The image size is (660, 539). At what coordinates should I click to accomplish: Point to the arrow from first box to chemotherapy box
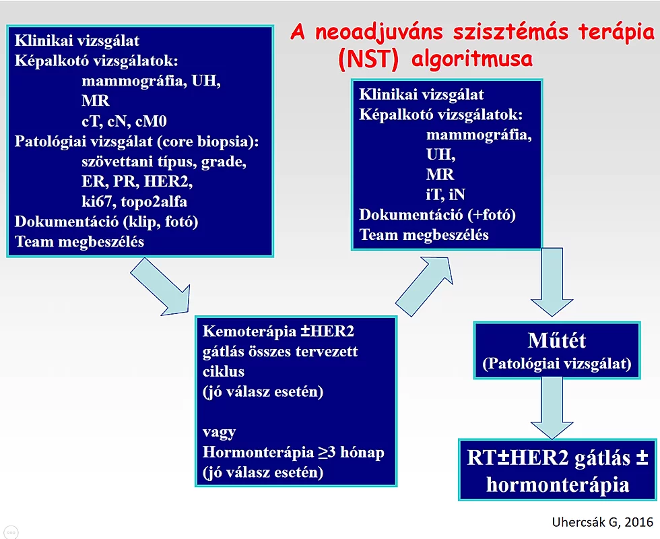pos(159,288)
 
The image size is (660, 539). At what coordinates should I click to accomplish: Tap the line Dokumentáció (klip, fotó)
pos(106,222)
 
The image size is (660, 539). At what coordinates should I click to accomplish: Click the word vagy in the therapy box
pos(219,432)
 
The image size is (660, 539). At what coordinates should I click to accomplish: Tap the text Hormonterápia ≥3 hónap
pos(292,452)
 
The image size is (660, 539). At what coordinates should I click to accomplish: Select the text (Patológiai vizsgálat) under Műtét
pos(556,364)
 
